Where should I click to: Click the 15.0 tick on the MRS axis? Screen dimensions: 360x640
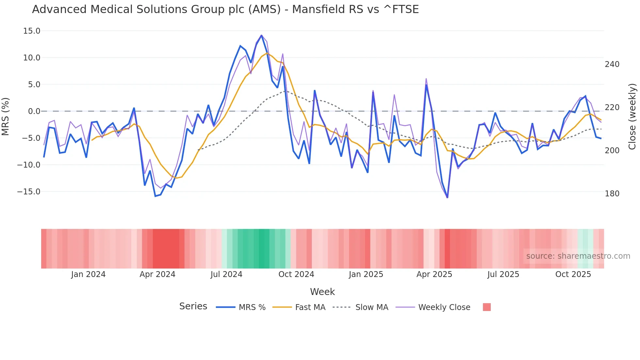point(31,31)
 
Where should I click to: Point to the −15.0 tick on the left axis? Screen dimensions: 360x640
point(29,192)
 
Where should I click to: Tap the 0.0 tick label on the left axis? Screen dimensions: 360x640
point(34,111)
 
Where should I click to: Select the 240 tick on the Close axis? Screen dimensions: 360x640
point(612,64)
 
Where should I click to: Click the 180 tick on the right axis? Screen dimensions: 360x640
point(612,194)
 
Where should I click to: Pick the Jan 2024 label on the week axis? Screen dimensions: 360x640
point(88,274)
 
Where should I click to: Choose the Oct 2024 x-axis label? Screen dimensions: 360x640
point(296,274)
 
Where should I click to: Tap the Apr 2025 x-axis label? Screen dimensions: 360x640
point(434,274)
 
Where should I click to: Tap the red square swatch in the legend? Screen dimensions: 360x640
point(487,307)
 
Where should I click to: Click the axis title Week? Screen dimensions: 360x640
point(322,292)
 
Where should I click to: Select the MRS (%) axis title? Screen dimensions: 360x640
point(6,116)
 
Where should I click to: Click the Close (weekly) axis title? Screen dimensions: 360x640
point(632,116)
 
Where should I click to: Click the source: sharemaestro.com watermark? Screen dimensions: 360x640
point(578,256)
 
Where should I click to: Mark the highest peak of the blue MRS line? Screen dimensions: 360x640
point(262,35)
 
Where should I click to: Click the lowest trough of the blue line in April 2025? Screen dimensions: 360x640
point(447,197)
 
